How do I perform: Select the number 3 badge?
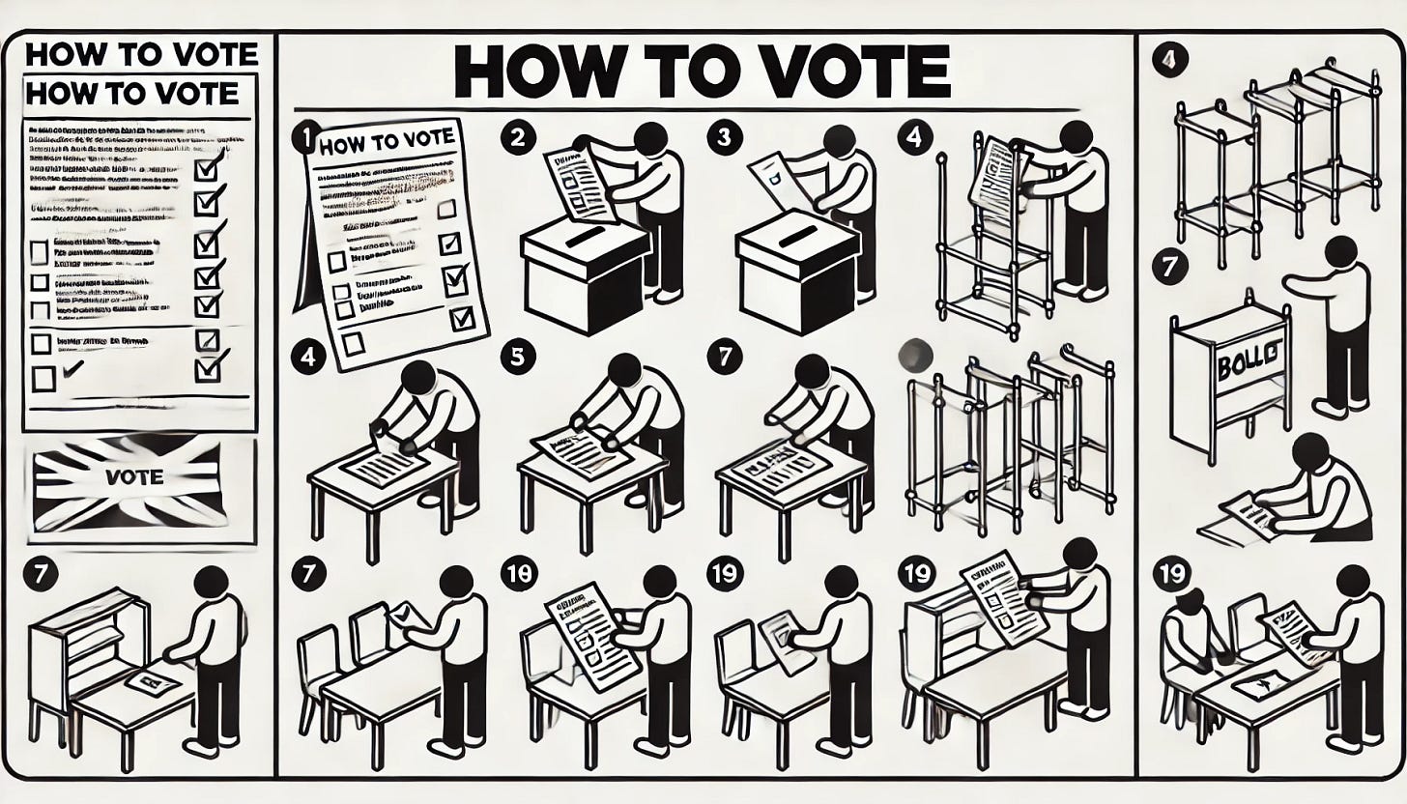[x=720, y=137]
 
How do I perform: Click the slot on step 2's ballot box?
[x=584, y=237]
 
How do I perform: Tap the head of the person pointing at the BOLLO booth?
[x=1340, y=252]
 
